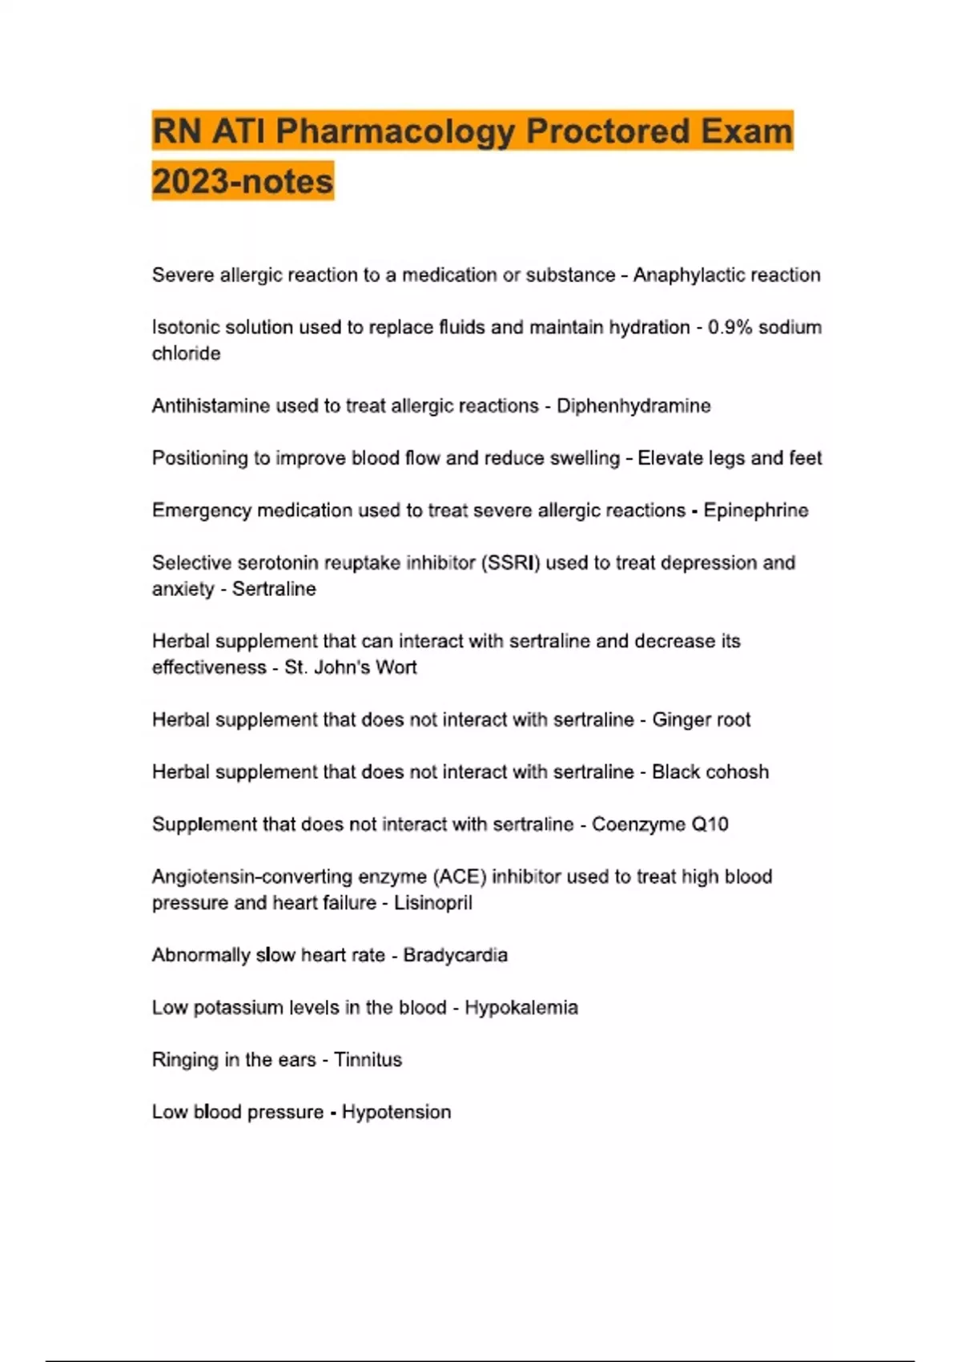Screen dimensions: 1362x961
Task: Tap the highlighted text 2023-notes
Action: [x=243, y=181]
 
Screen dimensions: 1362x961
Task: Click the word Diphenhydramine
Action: [x=633, y=406]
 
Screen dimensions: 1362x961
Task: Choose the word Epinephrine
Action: [x=756, y=510]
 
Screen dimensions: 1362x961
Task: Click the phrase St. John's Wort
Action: [x=351, y=667]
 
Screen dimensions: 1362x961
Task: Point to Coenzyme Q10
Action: [x=660, y=824]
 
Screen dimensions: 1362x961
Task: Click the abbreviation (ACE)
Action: [x=460, y=876]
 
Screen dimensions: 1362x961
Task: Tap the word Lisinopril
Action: [x=433, y=903]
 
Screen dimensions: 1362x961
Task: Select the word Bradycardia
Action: [x=455, y=955]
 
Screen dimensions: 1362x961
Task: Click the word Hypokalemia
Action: [x=521, y=1008]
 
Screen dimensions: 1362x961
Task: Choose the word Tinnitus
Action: [x=368, y=1060]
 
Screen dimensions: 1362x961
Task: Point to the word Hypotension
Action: [x=396, y=1112]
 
